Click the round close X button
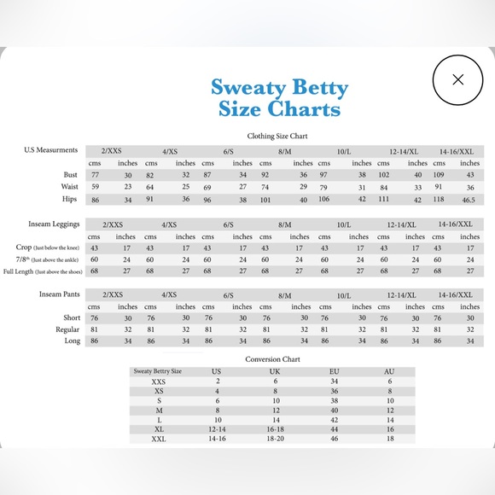pyautogui.click(x=458, y=79)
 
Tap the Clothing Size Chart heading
pyautogui.click(x=278, y=135)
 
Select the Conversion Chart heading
pyautogui.click(x=272, y=359)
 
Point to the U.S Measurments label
pyautogui.click(x=51, y=150)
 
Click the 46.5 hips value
pyautogui.click(x=469, y=199)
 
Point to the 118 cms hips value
pyautogui.click(x=440, y=199)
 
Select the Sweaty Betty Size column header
pyautogui.click(x=158, y=371)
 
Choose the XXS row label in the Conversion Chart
pyautogui.click(x=160, y=381)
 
